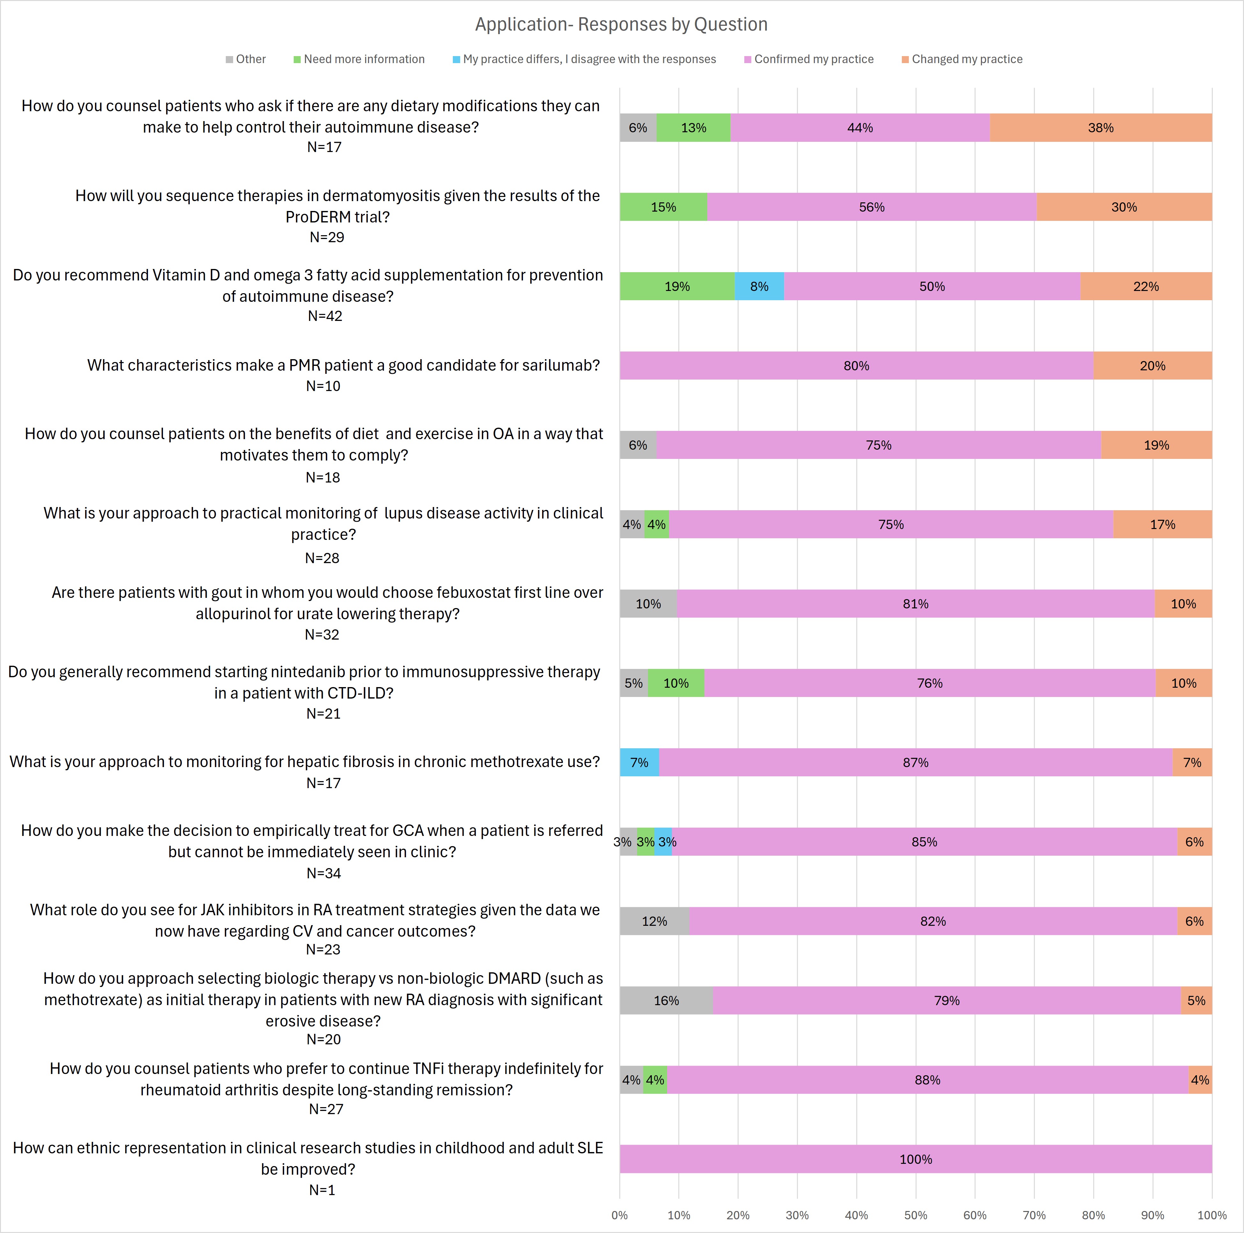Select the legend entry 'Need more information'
(364, 59)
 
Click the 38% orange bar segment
(1100, 127)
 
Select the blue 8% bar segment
(759, 286)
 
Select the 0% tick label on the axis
(619, 1215)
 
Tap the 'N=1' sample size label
(322, 1190)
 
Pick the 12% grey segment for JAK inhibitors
(654, 921)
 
